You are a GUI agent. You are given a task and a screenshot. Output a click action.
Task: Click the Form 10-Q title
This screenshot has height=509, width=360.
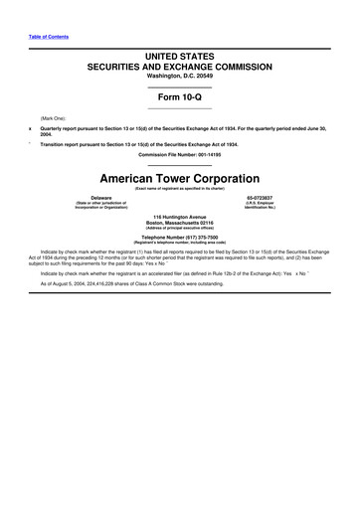179,96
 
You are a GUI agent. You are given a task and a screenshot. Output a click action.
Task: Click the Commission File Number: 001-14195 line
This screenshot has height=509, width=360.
179,154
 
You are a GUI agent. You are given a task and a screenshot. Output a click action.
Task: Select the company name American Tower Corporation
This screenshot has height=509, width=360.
179,176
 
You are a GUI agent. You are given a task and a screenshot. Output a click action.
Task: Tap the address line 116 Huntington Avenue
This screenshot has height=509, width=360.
179,216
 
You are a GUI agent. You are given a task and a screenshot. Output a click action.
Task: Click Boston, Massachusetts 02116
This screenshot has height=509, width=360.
179,222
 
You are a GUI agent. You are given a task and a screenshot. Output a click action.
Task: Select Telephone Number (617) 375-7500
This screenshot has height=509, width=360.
179,238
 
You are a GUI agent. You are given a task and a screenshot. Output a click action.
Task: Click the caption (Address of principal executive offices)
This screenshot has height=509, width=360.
179,229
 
